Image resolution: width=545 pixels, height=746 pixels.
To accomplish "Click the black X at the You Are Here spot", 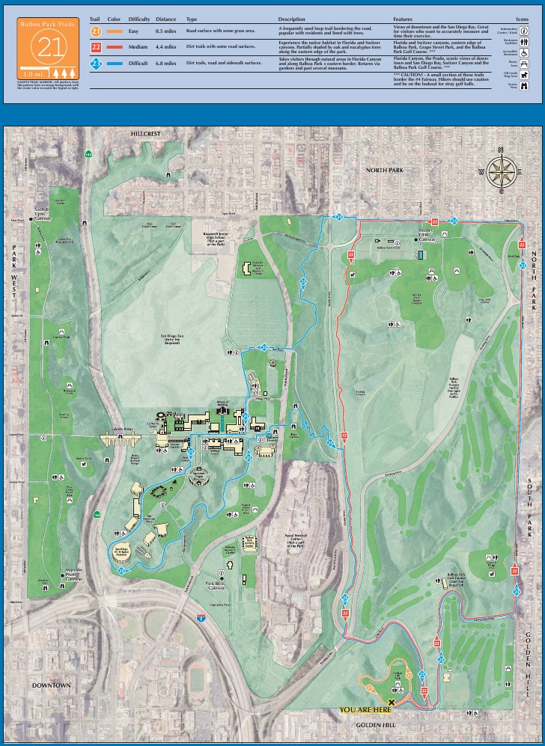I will click(391, 693).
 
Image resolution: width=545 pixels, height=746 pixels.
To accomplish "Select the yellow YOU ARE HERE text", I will click(365, 710).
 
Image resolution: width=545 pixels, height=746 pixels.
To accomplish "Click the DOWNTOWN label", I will click(51, 685).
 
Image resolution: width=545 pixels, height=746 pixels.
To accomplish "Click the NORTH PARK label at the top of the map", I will click(385, 171).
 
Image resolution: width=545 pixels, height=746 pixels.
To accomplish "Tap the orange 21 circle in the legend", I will click(95, 32).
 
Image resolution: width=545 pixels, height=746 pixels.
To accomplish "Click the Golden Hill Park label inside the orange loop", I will click(398, 676).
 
